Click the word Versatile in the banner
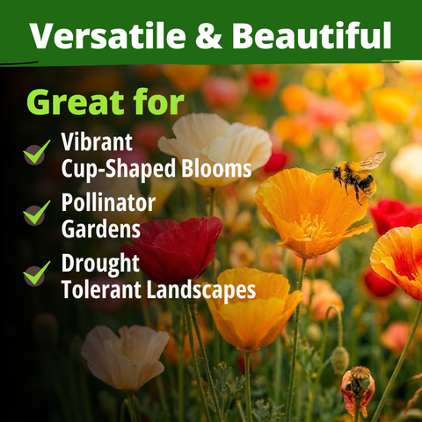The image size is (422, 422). point(108,35)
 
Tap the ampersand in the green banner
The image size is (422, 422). point(208,35)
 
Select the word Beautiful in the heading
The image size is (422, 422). point(311,34)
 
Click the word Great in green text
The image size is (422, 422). point(76,103)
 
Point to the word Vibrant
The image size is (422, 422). point(97,142)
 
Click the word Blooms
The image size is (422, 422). point(216,169)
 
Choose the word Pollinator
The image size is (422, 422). point(108,202)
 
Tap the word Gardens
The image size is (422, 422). point(101,229)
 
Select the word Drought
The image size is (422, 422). point(100,263)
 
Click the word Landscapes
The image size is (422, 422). point(201,290)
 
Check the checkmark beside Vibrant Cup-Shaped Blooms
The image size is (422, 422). point(36,152)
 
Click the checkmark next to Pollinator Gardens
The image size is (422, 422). point(36,213)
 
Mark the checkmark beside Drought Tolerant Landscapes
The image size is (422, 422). point(36,273)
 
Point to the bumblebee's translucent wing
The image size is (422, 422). point(372,160)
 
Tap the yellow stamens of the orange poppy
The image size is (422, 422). point(314,227)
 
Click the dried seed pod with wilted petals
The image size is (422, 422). point(358,389)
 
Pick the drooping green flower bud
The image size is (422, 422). point(340,360)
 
